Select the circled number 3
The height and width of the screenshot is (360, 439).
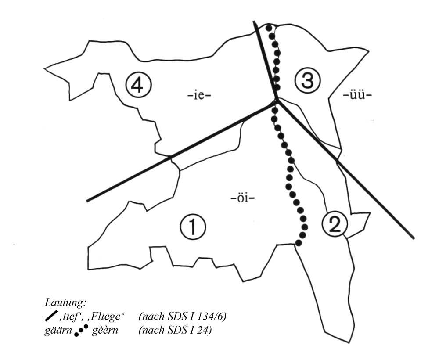click(x=307, y=81)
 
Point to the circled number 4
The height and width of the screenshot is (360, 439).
click(x=139, y=85)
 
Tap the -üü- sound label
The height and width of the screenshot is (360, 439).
click(x=357, y=95)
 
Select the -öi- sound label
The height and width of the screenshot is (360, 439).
click(x=243, y=199)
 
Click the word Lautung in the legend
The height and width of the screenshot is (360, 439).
click(x=65, y=303)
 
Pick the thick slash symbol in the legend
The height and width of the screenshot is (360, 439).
click(x=51, y=316)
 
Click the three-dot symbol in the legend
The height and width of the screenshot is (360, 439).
click(x=81, y=331)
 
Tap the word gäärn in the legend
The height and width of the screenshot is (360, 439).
click(x=58, y=331)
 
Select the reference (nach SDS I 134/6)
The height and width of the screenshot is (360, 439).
click(x=182, y=317)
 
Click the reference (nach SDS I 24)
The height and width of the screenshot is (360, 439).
click(x=175, y=330)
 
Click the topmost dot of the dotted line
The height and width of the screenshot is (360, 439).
click(x=269, y=27)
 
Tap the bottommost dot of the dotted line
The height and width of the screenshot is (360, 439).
click(x=299, y=242)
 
